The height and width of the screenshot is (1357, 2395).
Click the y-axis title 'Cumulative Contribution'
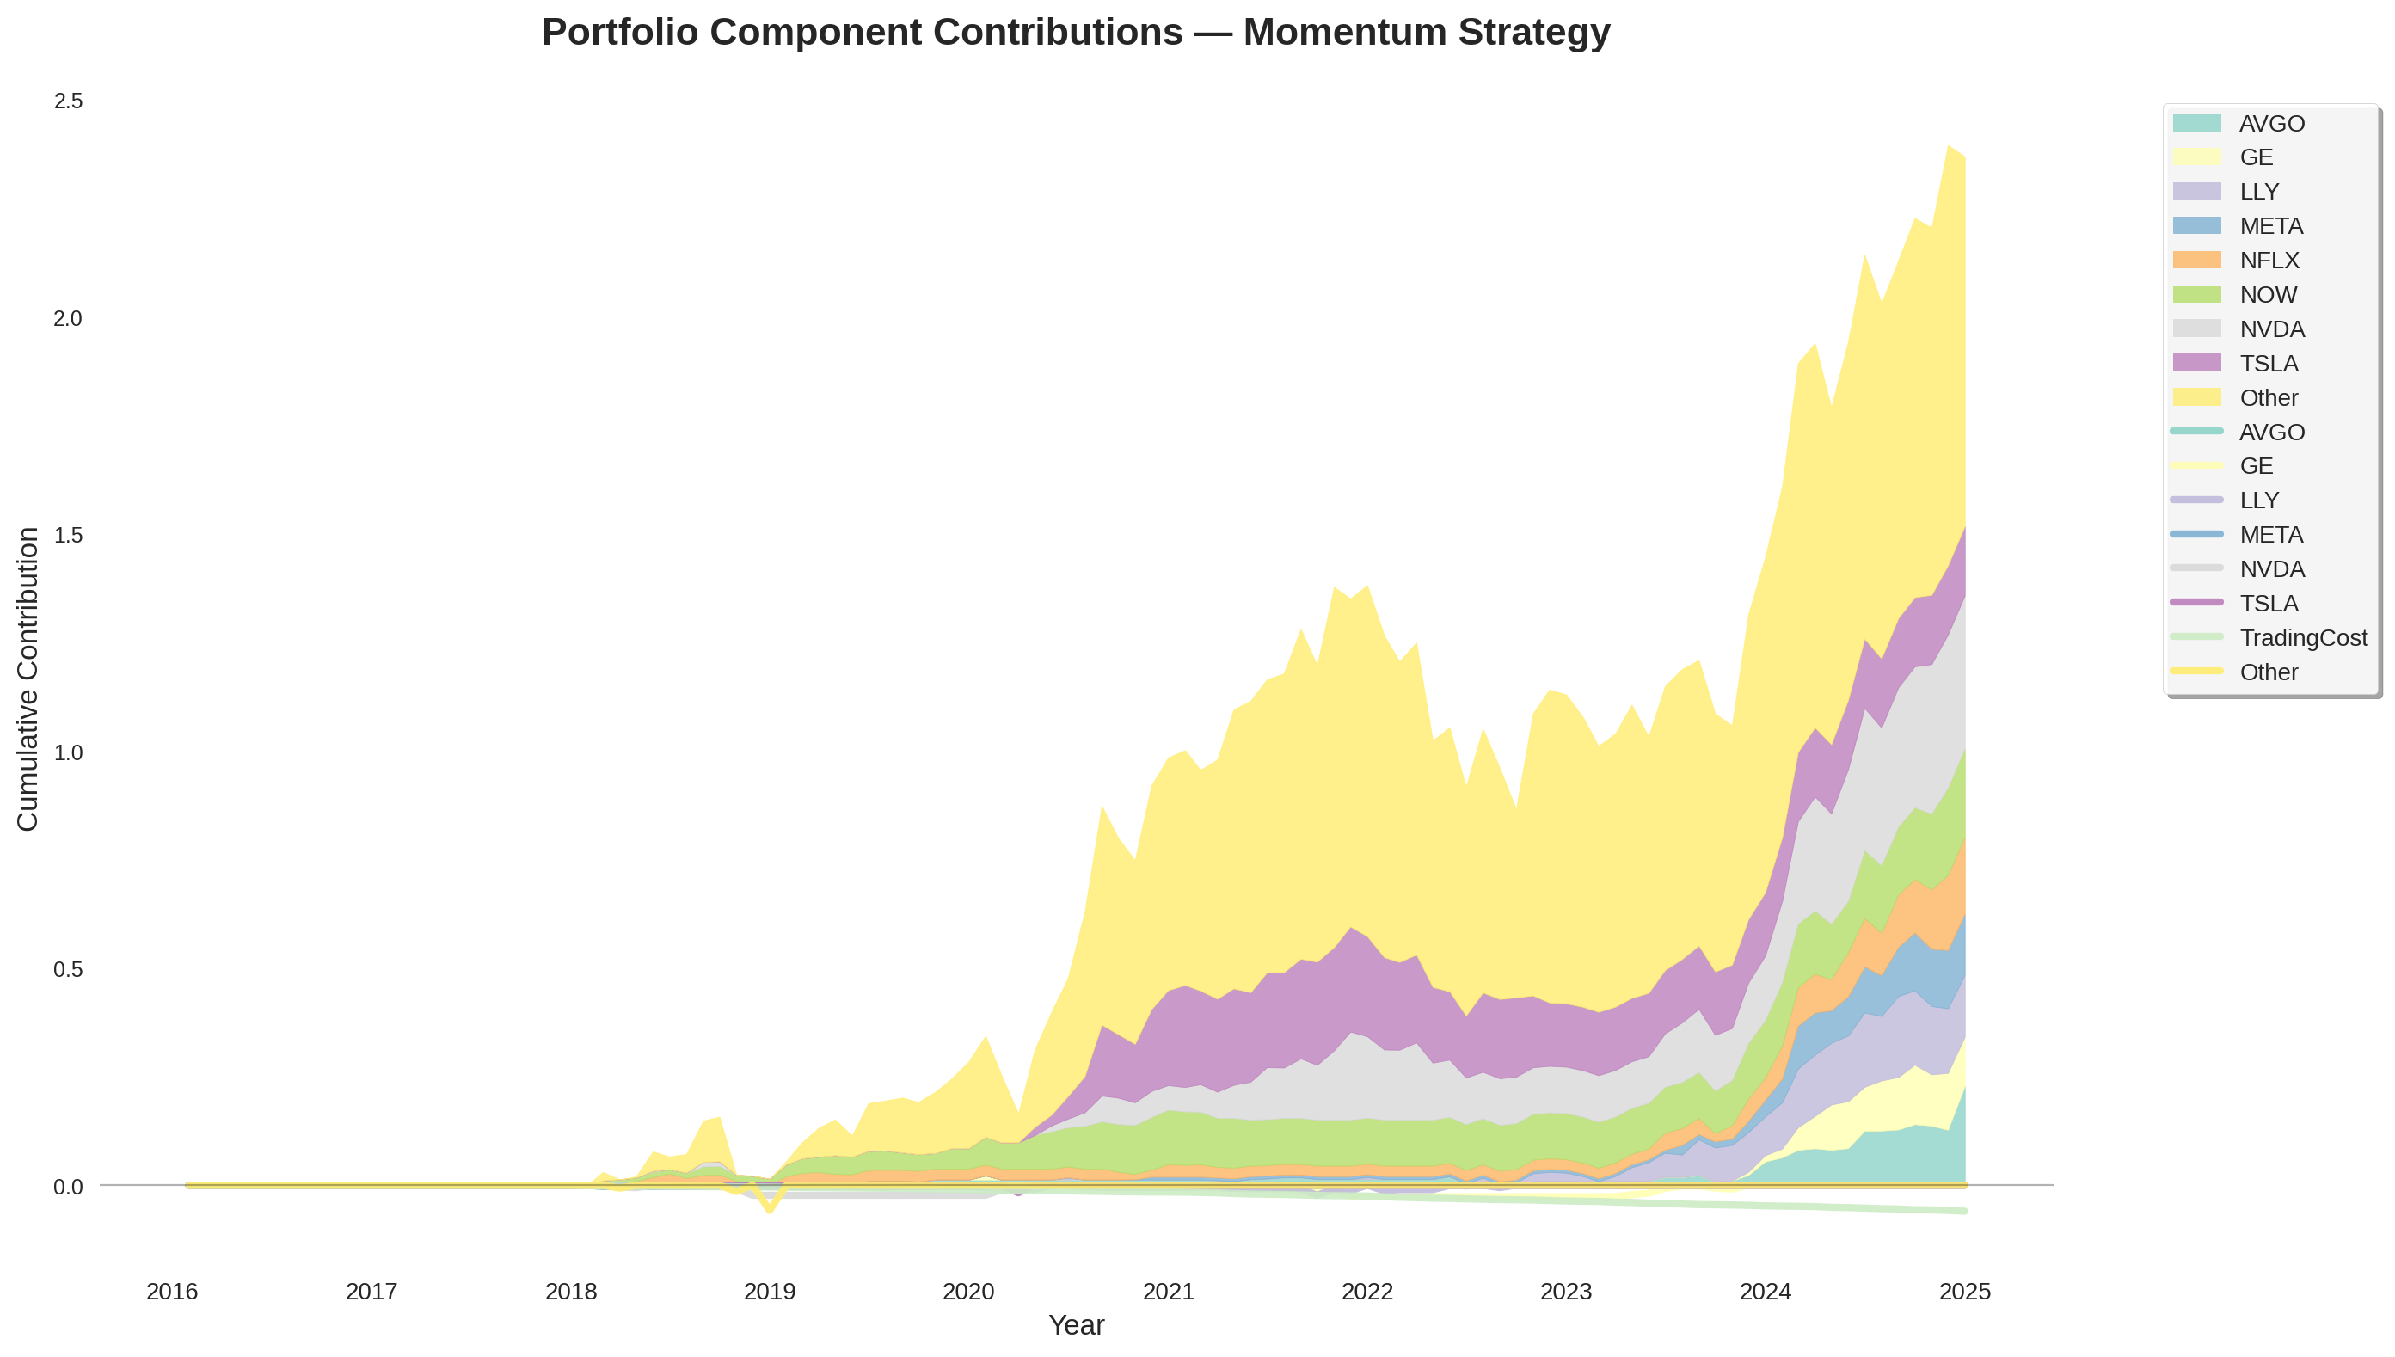[x=28, y=678]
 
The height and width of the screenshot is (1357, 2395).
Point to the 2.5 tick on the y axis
[x=68, y=101]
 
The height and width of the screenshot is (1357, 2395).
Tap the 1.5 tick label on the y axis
[x=68, y=535]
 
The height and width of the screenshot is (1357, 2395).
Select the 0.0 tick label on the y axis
[x=68, y=1187]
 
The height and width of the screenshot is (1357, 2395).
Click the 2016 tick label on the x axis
[x=172, y=1291]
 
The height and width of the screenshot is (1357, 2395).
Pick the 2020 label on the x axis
[x=968, y=1291]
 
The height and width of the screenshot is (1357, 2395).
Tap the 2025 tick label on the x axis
[x=1964, y=1291]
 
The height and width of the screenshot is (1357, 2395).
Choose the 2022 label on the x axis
[x=1366, y=1291]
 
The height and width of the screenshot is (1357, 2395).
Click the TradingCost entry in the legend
[x=2302, y=637]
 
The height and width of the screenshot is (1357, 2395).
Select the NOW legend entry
[x=2268, y=294]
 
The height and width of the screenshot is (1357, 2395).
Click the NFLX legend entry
[x=2269, y=260]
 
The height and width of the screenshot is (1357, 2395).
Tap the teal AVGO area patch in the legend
[x=2196, y=123]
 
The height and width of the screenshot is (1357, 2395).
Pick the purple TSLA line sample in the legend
[x=2196, y=603]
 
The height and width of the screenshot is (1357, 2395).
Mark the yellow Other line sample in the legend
[x=2196, y=671]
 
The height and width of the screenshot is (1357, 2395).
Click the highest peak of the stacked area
[x=1948, y=145]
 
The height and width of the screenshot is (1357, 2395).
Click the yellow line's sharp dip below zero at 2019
[x=769, y=1211]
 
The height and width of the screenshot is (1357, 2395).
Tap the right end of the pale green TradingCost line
[x=1964, y=1211]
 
